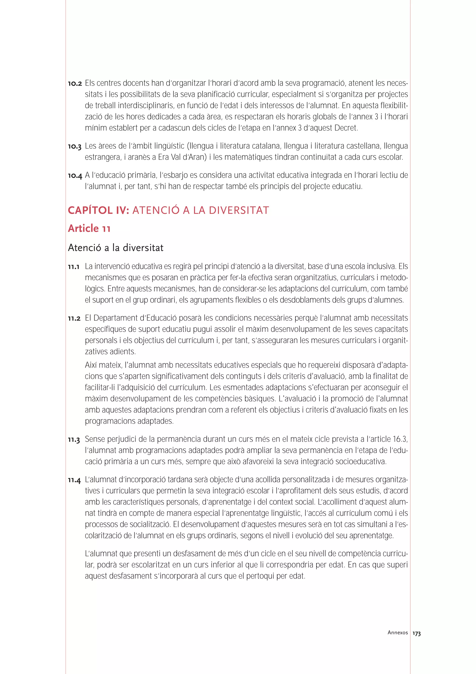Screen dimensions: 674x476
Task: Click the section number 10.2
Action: coord(75,84)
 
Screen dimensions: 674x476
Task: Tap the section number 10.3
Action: coord(75,147)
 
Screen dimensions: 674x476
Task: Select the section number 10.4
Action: coord(75,176)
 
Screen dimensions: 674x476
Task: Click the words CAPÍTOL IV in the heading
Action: coord(99,210)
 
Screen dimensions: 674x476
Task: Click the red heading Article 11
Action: coord(89,228)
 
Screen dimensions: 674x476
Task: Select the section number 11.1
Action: coord(74,267)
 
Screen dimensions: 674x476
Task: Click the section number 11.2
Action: coord(74,318)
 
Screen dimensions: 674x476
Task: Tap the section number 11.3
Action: coord(74,440)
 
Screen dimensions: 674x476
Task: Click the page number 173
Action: coord(416,634)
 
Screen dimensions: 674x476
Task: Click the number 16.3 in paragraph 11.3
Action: coord(400,439)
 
